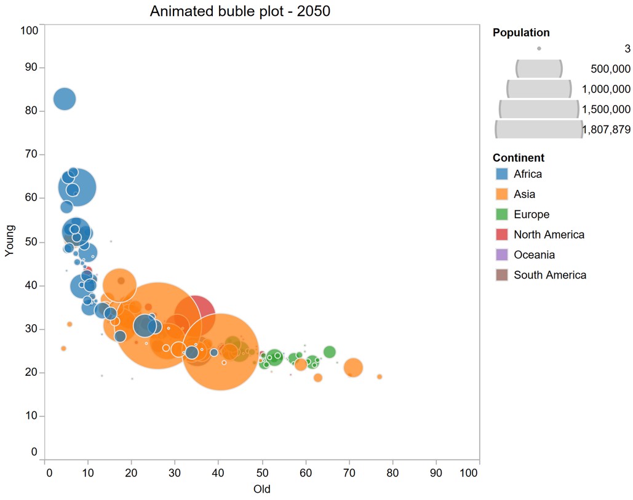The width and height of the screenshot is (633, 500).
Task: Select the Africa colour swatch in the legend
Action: coord(501,174)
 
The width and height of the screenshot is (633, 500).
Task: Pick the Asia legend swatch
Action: coord(501,194)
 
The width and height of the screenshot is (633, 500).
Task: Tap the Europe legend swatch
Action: coord(501,215)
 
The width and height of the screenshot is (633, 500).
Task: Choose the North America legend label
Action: coord(549,235)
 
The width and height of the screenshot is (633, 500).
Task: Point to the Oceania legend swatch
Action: coord(501,255)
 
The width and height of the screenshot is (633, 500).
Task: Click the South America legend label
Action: coord(550,275)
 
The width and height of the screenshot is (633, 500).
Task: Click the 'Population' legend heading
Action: coord(521,33)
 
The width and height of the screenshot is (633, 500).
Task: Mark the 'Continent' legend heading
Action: coord(518,158)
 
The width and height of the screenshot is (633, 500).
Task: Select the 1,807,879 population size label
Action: coord(606,130)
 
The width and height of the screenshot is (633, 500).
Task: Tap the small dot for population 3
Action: coord(539,49)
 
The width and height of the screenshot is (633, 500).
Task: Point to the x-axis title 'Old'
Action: coord(261,490)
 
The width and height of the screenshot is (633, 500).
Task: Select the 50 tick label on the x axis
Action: coord(263,472)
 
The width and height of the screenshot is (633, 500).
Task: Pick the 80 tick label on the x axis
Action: coord(392,472)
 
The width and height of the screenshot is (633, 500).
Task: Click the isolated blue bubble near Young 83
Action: coord(64,98)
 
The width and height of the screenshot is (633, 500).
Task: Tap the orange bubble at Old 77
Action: coord(380,376)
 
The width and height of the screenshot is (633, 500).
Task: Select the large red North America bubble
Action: coord(195,314)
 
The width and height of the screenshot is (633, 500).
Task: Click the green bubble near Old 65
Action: coord(329,352)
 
